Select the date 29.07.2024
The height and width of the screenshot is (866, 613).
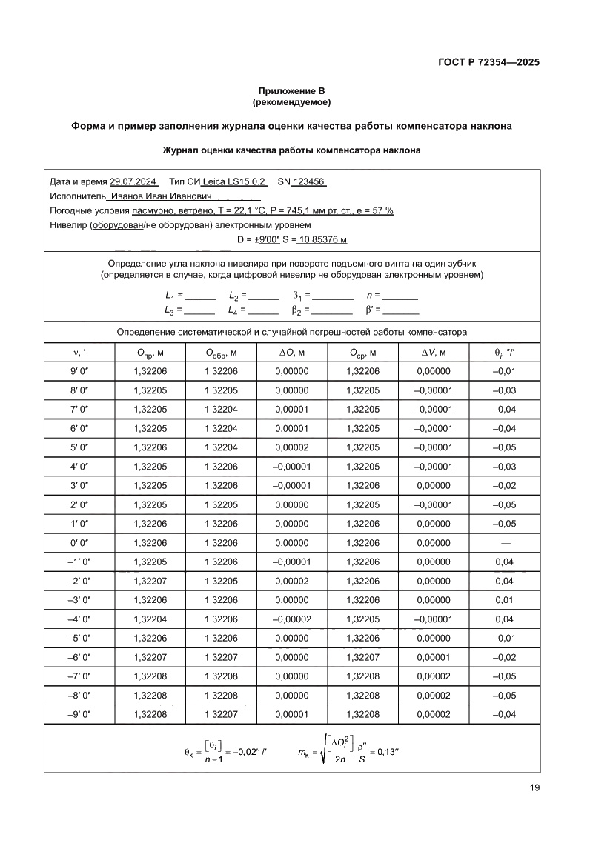point(133,181)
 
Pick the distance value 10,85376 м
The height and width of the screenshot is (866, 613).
point(323,239)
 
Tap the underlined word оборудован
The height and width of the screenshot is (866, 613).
point(116,224)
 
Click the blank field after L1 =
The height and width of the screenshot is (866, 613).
point(199,295)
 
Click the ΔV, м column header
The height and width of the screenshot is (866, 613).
point(434,353)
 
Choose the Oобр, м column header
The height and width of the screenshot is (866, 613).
point(221,353)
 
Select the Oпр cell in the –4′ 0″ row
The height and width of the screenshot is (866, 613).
point(150,618)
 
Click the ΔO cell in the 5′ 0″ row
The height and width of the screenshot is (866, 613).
point(291,447)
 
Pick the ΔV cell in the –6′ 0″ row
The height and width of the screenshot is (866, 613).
point(434,656)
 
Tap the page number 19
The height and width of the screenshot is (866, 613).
point(534,787)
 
